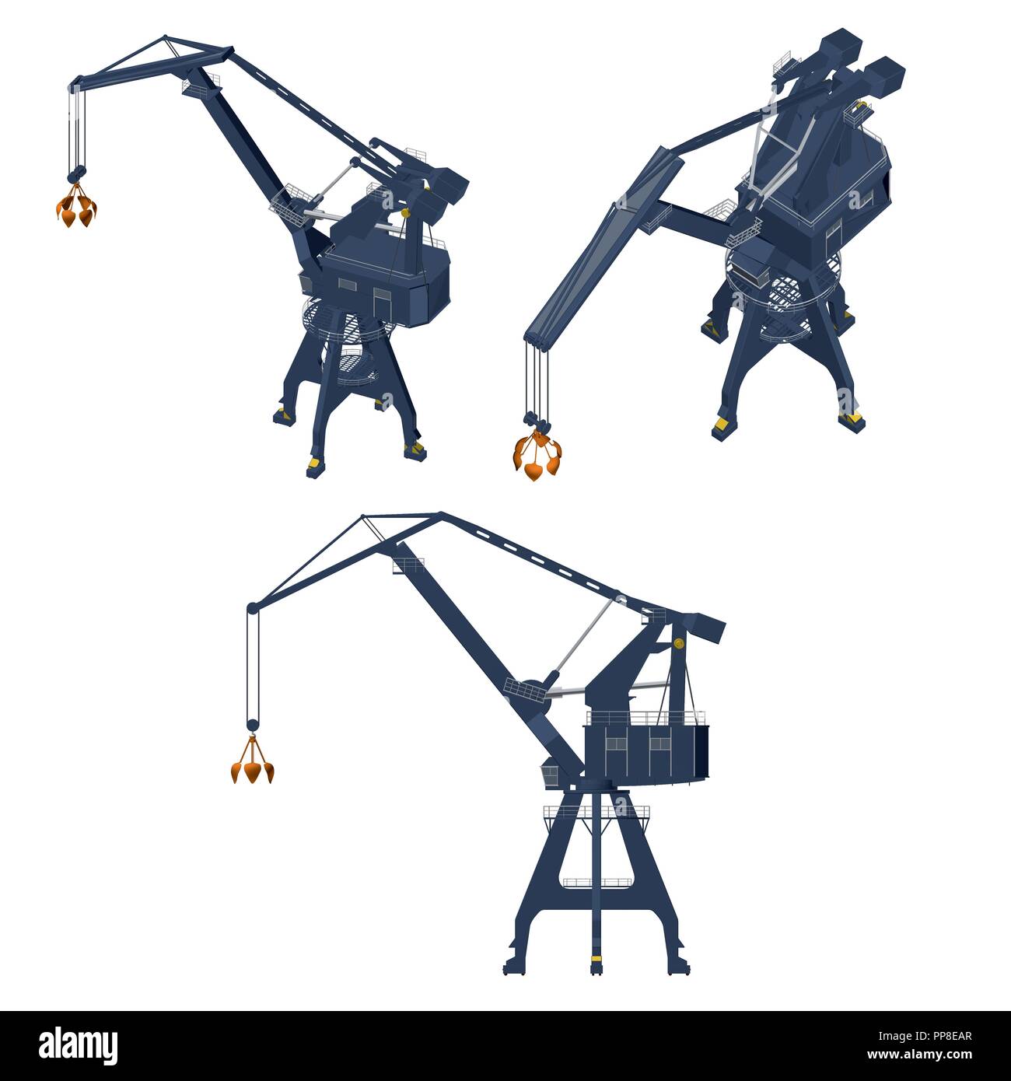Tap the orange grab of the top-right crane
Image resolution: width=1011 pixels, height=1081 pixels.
[535, 457]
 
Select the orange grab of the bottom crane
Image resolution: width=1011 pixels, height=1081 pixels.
[253, 767]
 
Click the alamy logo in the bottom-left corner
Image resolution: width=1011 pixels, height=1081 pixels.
[78, 1044]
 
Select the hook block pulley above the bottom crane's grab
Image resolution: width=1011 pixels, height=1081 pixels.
[252, 725]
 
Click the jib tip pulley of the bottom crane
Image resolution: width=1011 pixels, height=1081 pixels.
[251, 608]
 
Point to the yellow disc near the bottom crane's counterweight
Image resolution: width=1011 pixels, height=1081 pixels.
[678, 643]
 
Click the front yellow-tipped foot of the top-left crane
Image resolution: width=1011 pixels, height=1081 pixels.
[313, 466]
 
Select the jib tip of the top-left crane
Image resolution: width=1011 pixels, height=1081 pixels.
[76, 81]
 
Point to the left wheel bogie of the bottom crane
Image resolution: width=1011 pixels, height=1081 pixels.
[515, 964]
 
